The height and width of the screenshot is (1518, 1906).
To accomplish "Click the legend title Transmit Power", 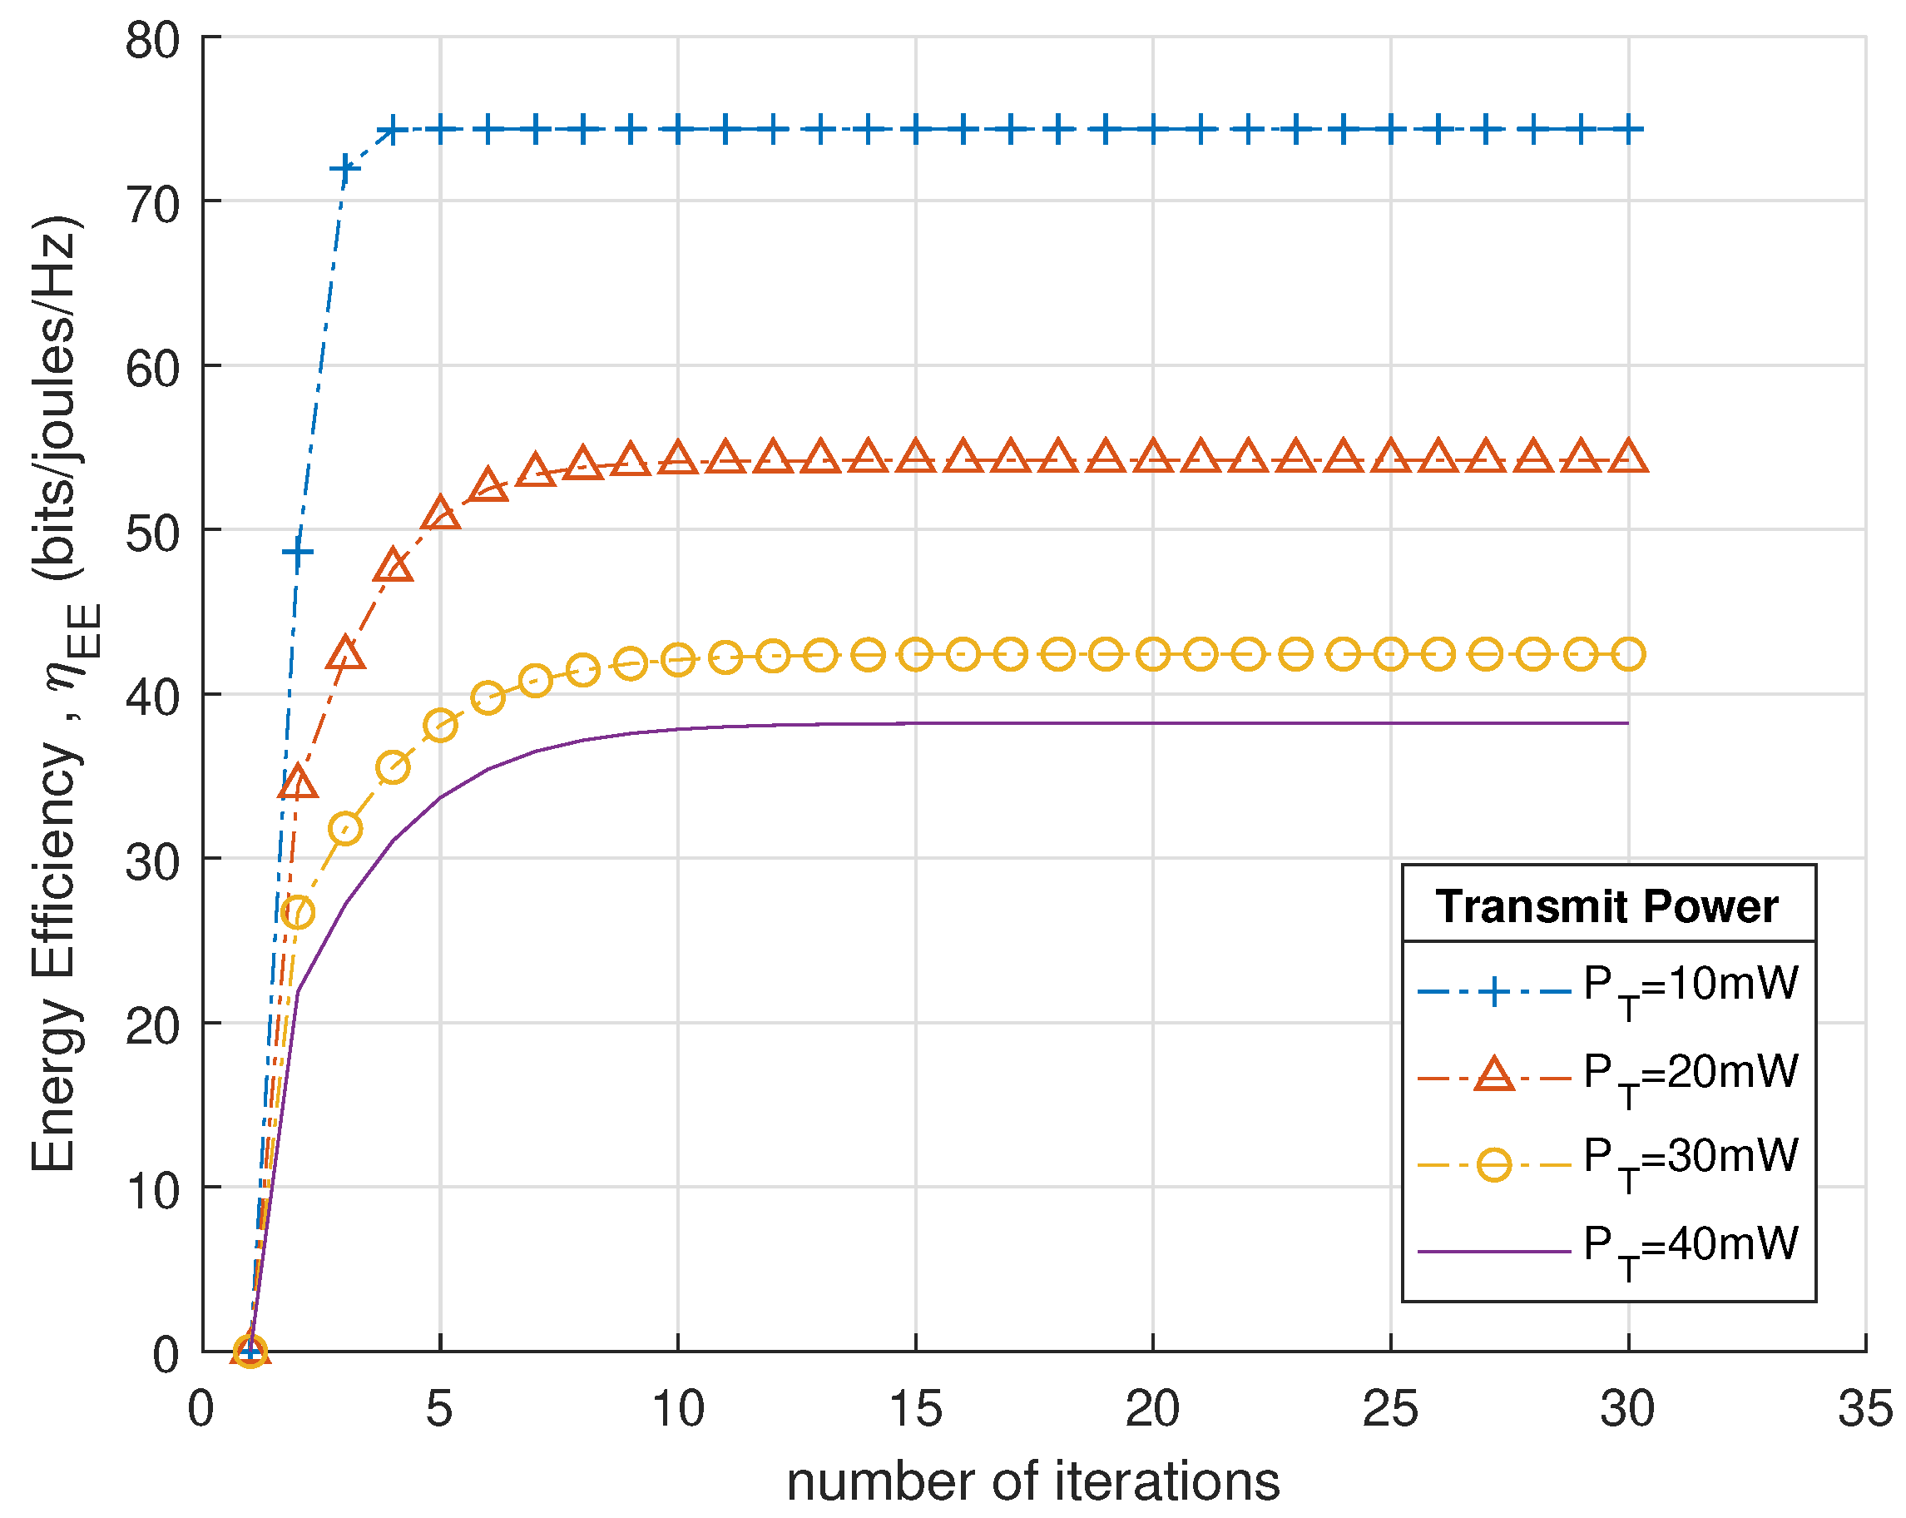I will pos(1606,907).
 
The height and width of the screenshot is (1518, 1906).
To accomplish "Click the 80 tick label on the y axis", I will pos(152,41).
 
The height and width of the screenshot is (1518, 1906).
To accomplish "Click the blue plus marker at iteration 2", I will pos(298,553).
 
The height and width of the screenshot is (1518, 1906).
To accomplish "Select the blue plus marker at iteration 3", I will pos(344,168).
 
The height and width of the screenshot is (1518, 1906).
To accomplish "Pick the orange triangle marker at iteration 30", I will pos(1628,457).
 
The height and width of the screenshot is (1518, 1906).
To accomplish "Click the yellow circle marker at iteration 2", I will pos(298,911).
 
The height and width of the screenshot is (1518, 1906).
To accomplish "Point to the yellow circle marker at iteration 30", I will pos(1628,654).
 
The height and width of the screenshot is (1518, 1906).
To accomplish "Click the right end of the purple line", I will pos(1627,723).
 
